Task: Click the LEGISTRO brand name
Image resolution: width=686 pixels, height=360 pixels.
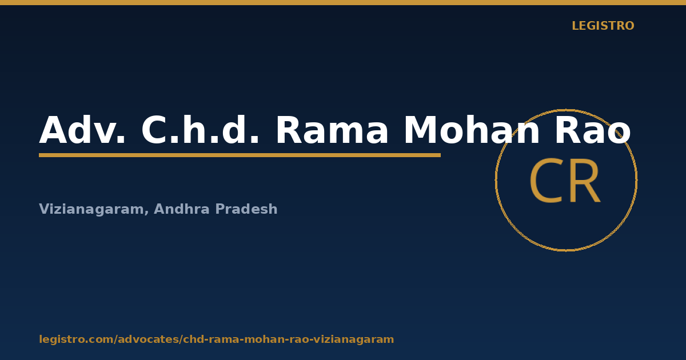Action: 603,26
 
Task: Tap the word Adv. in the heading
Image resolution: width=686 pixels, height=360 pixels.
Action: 82,130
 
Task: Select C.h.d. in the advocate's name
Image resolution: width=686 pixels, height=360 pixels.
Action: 200,129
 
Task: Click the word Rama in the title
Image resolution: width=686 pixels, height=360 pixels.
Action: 332,130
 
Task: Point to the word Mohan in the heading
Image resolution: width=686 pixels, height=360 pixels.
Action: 472,129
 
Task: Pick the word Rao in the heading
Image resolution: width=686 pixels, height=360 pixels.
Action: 593,130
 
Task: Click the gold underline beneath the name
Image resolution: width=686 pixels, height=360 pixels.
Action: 240,155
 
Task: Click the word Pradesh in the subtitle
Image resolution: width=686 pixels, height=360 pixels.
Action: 246,209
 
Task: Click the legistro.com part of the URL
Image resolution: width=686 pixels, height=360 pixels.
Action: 76,339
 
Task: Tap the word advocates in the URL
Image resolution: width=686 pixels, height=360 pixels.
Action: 149,339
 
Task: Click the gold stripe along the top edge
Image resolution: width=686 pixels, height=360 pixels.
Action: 343,2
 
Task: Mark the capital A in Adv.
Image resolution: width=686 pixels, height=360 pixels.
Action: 54,130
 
